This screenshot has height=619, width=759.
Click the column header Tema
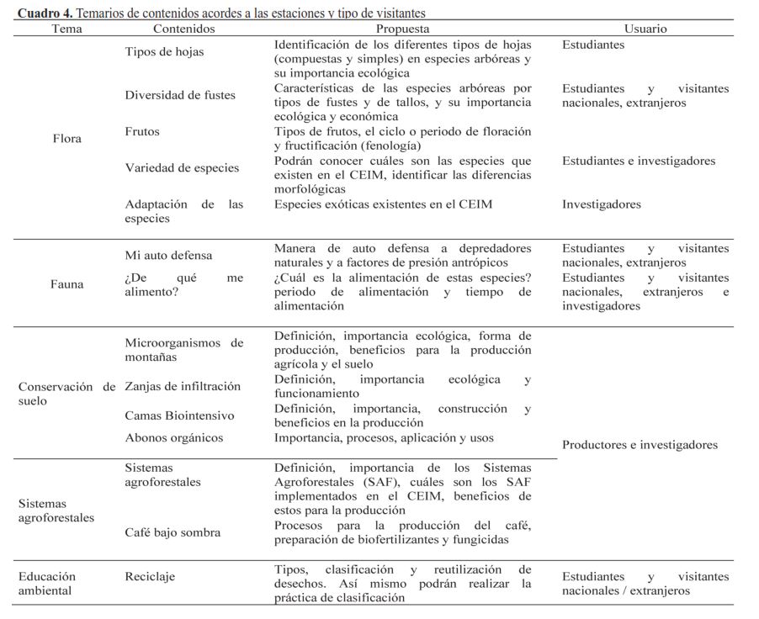coord(66,29)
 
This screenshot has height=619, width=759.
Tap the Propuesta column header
coord(402,29)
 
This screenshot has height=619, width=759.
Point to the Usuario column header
coord(645,29)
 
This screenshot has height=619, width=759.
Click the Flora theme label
coord(66,138)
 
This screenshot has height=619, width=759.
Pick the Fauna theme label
coord(66,284)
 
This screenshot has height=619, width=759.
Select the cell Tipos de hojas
coord(164,52)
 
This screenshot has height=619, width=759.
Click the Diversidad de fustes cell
coord(180,95)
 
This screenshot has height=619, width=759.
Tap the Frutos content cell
coord(142,132)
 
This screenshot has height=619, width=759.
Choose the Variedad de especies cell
coord(182,168)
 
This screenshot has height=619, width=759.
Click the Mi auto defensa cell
coord(168,256)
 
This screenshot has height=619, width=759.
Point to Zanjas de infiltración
coord(183,387)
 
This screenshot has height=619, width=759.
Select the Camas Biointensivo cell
coord(179,415)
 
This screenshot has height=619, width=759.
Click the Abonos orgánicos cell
coord(174,438)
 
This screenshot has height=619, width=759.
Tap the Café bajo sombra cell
coord(172,532)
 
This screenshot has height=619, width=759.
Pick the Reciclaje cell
coord(150,576)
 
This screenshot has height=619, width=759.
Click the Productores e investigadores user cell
coord(640,445)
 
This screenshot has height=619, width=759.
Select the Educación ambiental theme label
coord(47,583)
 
